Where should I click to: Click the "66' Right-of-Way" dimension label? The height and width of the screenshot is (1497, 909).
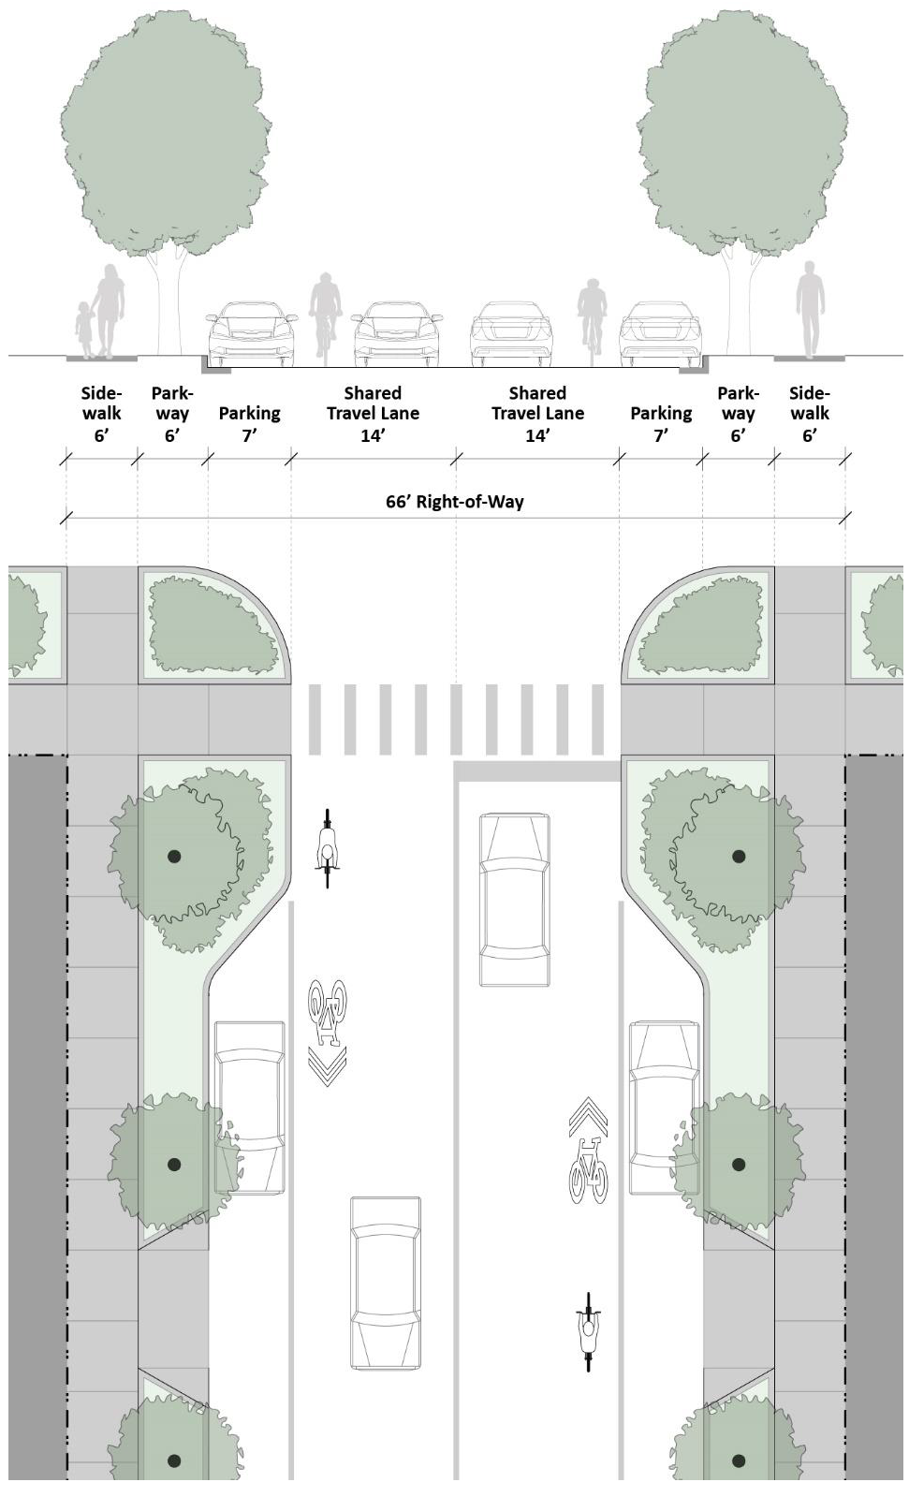pyautogui.click(x=455, y=502)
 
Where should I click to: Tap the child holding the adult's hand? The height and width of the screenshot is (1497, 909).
pyautogui.click(x=85, y=330)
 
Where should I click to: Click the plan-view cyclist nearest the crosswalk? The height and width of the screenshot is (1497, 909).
pyautogui.click(x=327, y=848)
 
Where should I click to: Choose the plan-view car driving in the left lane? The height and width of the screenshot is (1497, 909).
pyautogui.click(x=385, y=1283)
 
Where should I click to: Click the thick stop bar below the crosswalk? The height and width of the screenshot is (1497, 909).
pyautogui.click(x=537, y=771)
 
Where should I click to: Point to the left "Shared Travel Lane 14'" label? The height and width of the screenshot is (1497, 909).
pyautogui.click(x=373, y=414)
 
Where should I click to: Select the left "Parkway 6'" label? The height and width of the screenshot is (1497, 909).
pyautogui.click(x=172, y=414)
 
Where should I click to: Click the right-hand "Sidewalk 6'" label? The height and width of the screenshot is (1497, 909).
pyautogui.click(x=810, y=414)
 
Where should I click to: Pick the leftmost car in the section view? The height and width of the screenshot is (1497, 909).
pyautogui.click(x=250, y=334)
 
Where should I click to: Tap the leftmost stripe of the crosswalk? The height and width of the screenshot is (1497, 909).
pyautogui.click(x=315, y=719)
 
